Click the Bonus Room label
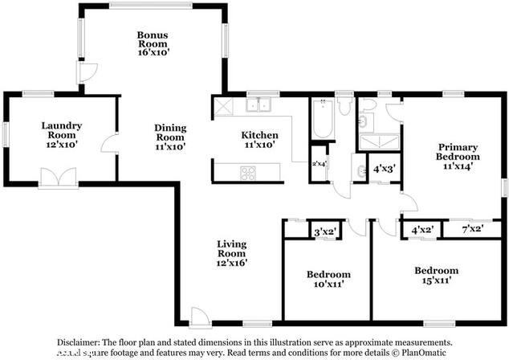coord(152,42)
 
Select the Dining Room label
coord(170,137)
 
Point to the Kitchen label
coord(260,140)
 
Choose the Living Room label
coord(231,252)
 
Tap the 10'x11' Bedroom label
coord(328,279)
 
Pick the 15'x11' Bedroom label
coord(436,276)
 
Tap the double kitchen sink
coord(259,104)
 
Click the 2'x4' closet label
coord(320,164)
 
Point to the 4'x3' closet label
coord(385,169)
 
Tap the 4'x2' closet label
coord(422,230)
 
